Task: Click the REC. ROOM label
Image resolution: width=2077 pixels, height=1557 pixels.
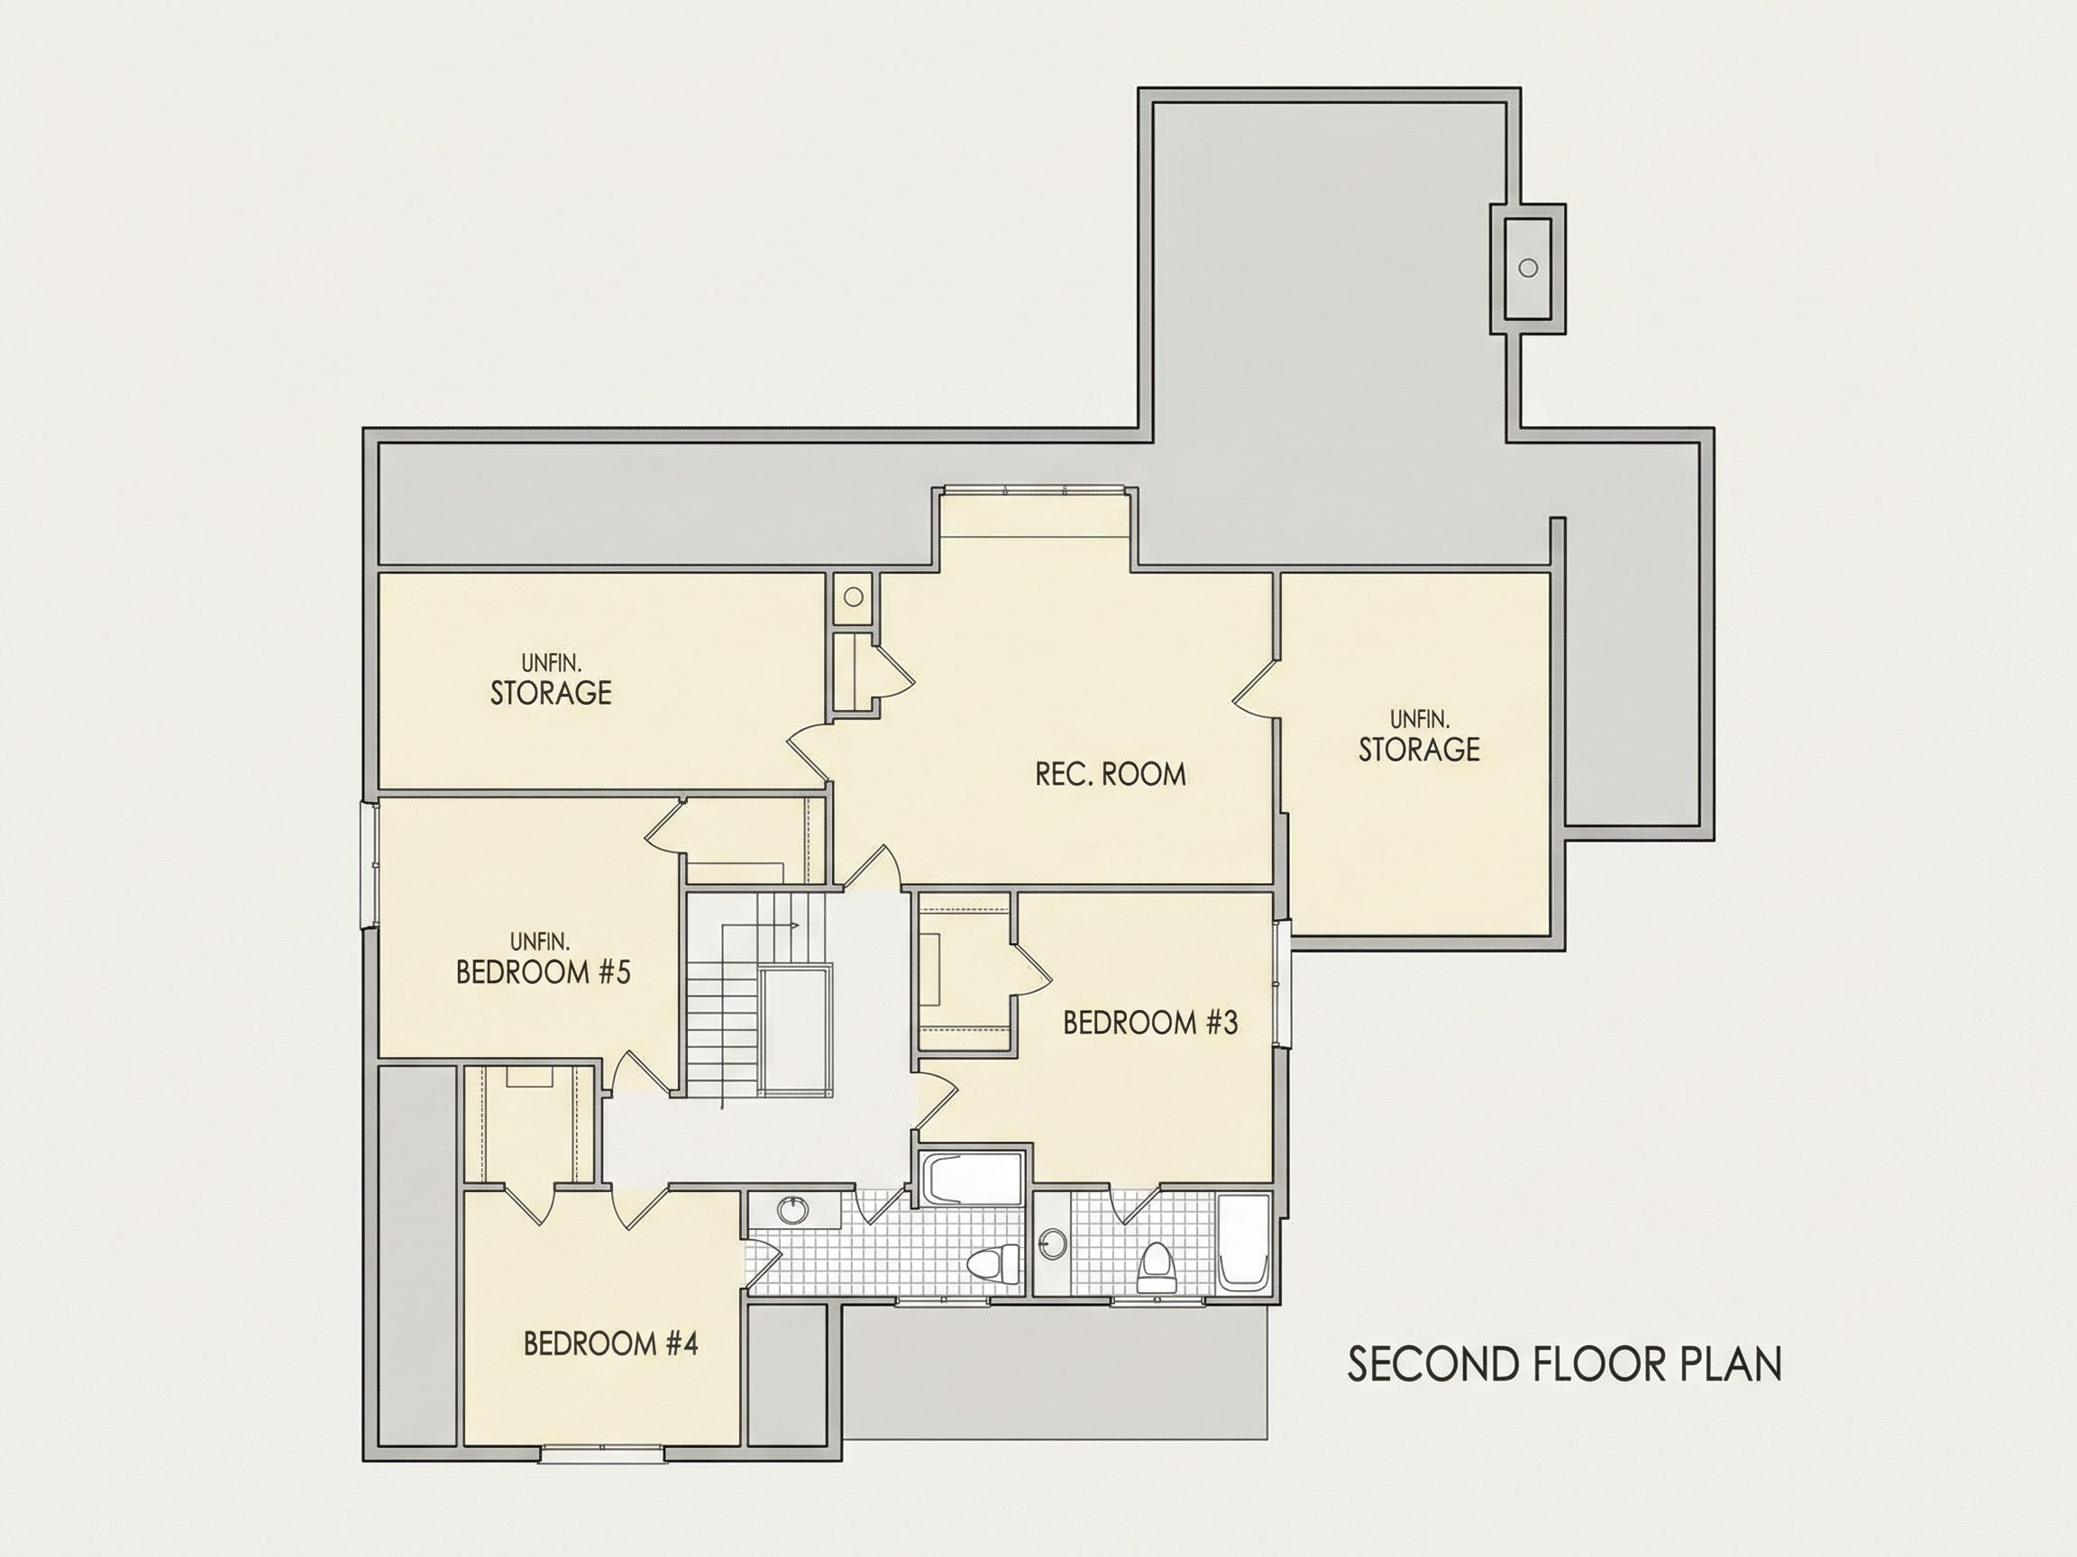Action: click(1111, 774)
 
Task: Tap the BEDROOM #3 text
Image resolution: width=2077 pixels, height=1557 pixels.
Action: click(1150, 1023)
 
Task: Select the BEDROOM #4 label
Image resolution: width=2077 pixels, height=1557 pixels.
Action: click(610, 1344)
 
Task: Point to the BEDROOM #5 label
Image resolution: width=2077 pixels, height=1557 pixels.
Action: click(543, 972)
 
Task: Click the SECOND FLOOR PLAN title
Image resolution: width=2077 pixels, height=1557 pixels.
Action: click(1564, 1364)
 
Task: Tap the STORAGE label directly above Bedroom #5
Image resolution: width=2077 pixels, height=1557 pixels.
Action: click(551, 694)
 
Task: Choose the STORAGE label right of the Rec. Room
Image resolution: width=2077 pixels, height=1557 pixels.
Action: click(1419, 750)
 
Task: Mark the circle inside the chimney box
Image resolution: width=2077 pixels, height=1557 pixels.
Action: click(1528, 268)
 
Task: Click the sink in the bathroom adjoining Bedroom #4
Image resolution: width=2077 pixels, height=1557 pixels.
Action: click(794, 1209)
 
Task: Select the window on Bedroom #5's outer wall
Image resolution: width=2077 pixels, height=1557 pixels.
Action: click(370, 863)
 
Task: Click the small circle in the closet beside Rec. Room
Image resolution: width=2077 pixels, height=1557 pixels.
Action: click(854, 596)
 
